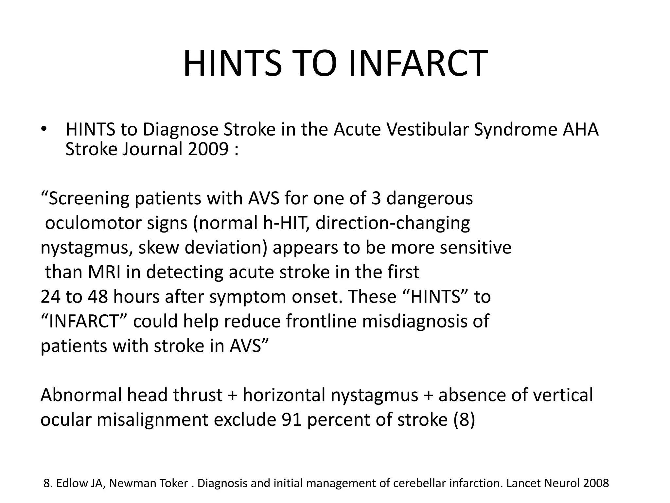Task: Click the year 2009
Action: click(208, 149)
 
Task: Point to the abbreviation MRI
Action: click(104, 272)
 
